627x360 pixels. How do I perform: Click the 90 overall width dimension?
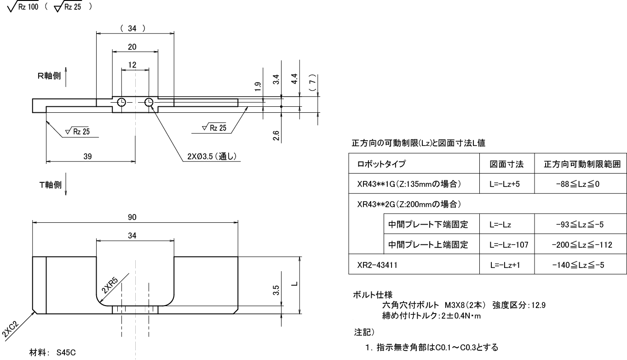(135, 216)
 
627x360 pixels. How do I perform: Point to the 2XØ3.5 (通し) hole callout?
(209, 157)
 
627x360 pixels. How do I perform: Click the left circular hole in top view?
(121, 102)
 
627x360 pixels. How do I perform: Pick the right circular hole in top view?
(149, 102)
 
